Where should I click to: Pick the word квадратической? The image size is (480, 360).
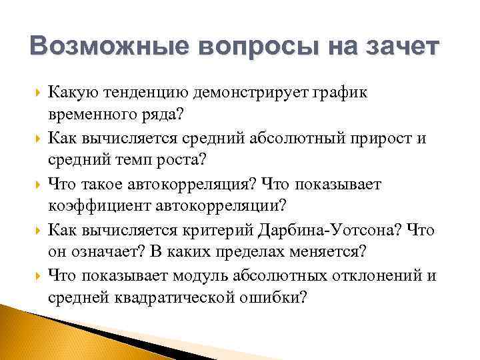(x=178, y=297)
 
